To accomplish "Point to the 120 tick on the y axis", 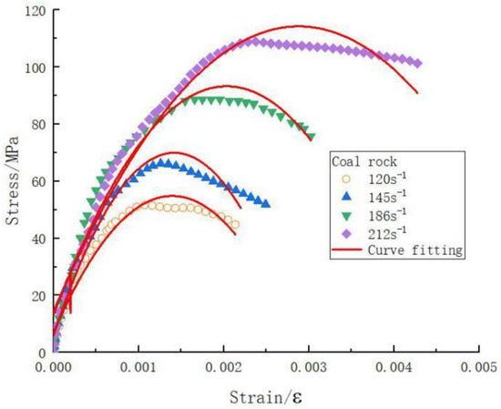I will pyautogui.click(x=35, y=10).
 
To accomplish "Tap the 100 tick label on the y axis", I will pyautogui.click(x=35, y=67).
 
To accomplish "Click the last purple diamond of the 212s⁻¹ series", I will pyautogui.click(x=417, y=63).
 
